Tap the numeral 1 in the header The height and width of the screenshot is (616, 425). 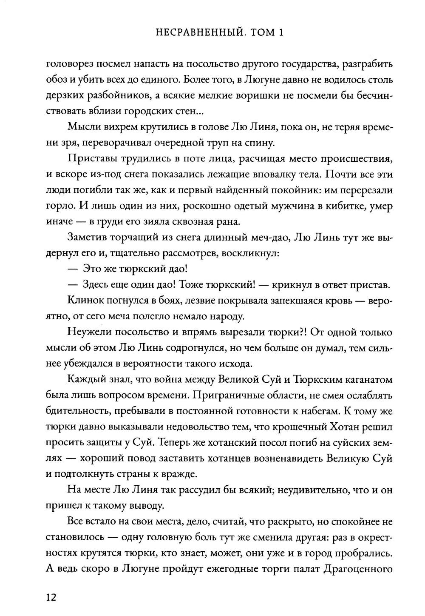(280, 33)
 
